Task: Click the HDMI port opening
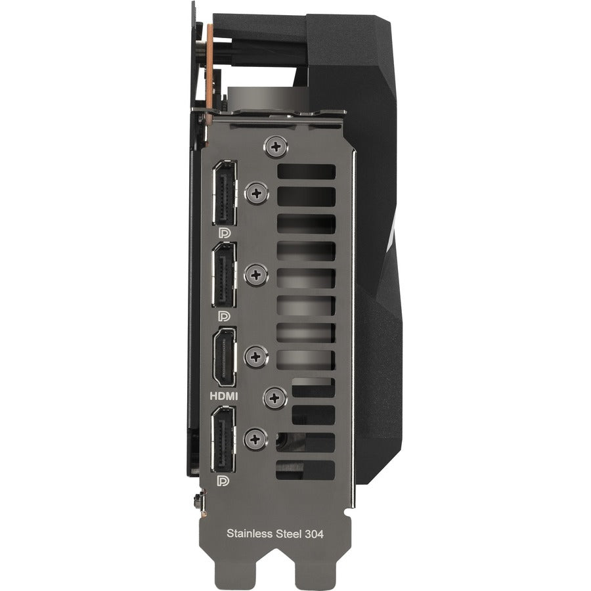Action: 225,357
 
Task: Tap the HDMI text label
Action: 224,396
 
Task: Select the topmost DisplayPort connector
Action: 225,193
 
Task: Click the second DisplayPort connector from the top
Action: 225,274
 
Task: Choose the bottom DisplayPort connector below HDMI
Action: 223,439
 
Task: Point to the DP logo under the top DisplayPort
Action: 225,233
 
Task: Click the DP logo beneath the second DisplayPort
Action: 225,315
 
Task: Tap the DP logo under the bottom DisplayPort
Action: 223,481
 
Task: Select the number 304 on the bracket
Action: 314,534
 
